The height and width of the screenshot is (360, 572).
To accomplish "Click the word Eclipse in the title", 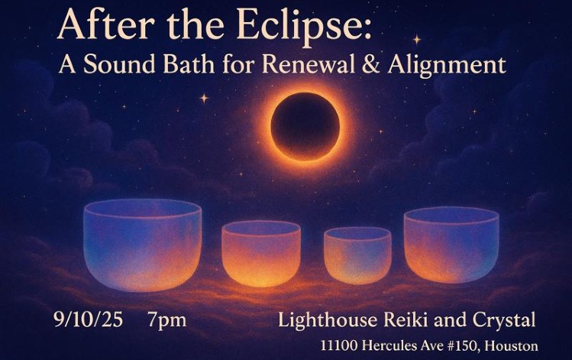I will [305, 27].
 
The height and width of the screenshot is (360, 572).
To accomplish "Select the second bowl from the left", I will [261, 253].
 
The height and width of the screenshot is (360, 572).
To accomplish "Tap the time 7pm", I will [166, 319].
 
